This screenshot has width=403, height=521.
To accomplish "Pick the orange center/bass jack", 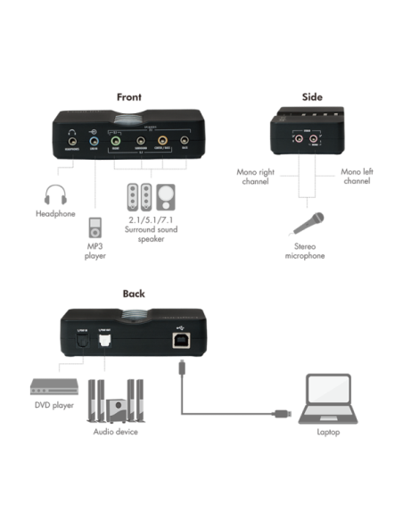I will (162, 140).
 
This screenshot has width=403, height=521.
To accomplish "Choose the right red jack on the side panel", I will (314, 140).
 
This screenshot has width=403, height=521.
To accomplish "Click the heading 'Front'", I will (129, 96).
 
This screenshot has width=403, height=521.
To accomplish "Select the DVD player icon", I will (51, 389).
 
